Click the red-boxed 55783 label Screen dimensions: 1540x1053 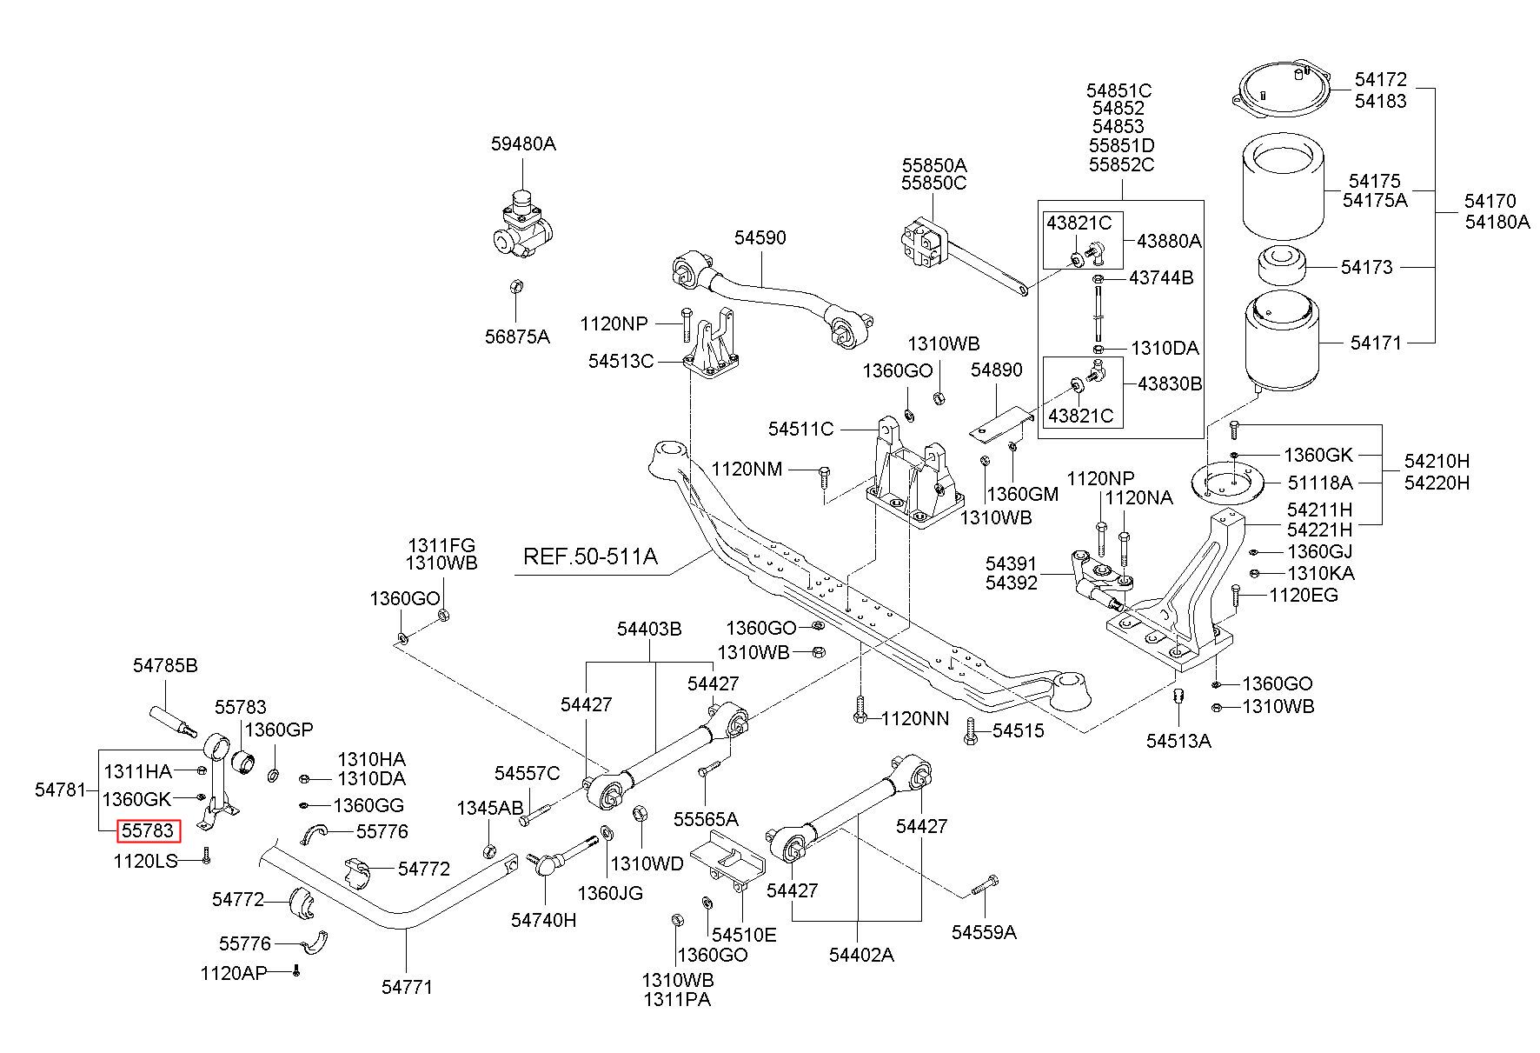tap(148, 831)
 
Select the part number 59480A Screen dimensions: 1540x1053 tap(523, 143)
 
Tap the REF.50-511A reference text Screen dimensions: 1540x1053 tap(590, 556)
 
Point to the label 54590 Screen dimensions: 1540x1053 tap(760, 237)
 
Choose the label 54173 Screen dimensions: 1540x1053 tap(1366, 267)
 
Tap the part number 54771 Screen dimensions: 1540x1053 tap(407, 987)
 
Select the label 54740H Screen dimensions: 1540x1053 tap(543, 919)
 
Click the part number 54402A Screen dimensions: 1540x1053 tap(861, 954)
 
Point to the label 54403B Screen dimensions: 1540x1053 tap(650, 629)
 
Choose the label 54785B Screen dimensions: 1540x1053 tap(165, 666)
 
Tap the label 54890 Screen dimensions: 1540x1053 tap(997, 370)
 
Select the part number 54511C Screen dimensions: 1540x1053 tap(800, 429)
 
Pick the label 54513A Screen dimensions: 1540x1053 tap(1178, 740)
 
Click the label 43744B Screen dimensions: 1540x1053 tap(1162, 277)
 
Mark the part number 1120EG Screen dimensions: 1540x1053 tap(1304, 596)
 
